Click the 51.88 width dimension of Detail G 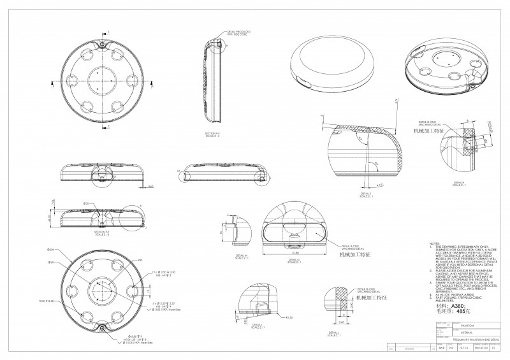(295, 252)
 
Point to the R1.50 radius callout (289, 317)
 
